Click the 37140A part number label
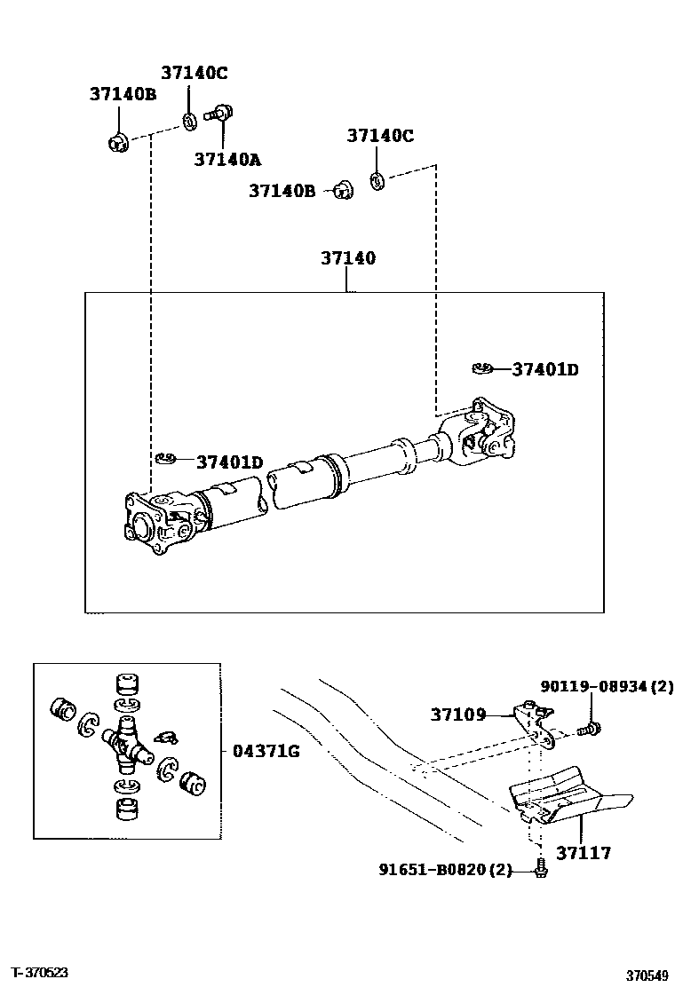[227, 159]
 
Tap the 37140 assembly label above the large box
[347, 258]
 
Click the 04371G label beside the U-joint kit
[266, 751]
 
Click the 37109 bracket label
[458, 713]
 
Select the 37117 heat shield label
[584, 853]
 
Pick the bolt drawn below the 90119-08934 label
[588, 730]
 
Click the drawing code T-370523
[40, 973]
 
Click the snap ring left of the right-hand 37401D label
[483, 368]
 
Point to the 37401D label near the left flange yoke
[229, 462]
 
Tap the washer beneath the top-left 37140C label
[190, 120]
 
